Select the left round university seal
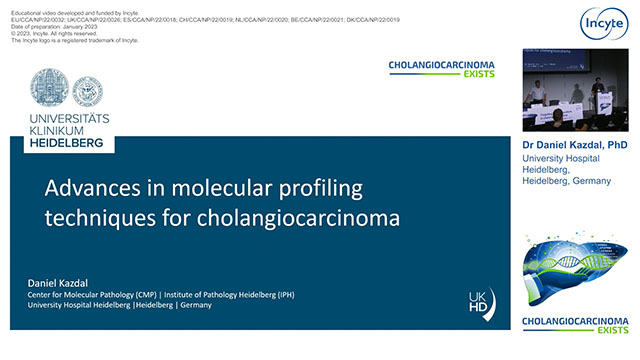pyautogui.click(x=49, y=89)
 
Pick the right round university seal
pyautogui.click(x=87, y=92)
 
